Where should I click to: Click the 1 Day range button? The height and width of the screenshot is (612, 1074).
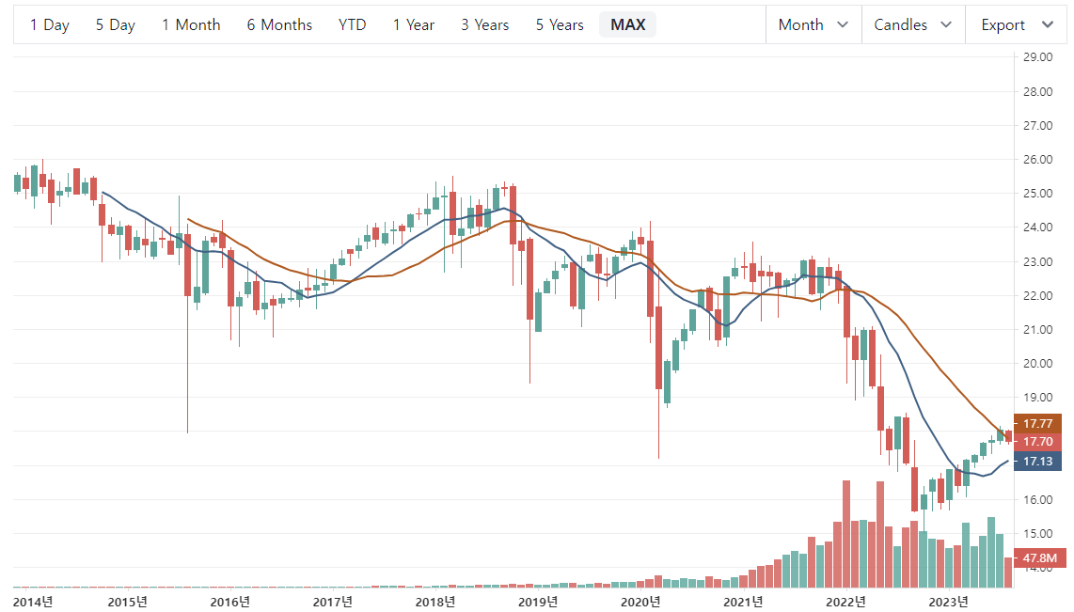(x=50, y=25)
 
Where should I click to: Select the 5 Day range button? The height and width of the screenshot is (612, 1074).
(x=115, y=25)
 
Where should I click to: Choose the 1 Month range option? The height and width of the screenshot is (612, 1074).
(x=191, y=25)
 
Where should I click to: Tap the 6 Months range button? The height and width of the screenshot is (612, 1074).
(x=279, y=25)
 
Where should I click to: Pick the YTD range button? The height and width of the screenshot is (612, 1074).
(x=352, y=25)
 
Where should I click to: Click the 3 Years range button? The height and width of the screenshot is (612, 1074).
(x=484, y=25)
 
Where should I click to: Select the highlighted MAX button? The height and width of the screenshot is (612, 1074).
(x=627, y=25)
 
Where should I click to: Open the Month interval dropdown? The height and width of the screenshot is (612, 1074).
(x=813, y=25)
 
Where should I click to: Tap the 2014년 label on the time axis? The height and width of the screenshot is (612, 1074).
(x=33, y=602)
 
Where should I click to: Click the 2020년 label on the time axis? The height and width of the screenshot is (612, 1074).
(x=641, y=602)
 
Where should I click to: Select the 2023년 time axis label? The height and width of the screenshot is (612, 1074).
(x=948, y=602)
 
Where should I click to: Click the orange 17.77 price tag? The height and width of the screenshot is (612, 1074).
(x=1037, y=423)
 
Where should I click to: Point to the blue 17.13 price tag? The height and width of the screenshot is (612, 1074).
(x=1037, y=462)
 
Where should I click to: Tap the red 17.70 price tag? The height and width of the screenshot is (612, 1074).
(x=1037, y=442)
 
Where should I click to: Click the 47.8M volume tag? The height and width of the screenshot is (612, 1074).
(x=1039, y=558)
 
